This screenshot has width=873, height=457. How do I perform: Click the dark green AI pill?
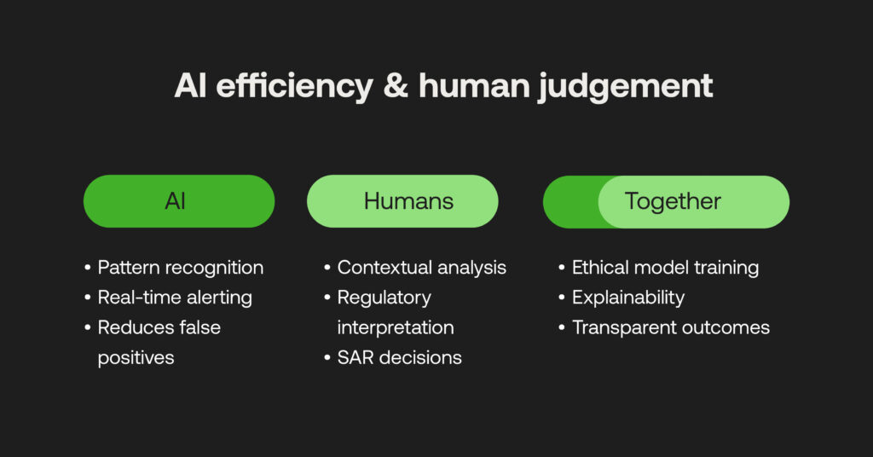(178, 201)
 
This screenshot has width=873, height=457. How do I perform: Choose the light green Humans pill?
(402, 201)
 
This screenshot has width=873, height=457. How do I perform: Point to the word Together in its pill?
(673, 201)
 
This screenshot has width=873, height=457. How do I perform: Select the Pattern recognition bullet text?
(180, 268)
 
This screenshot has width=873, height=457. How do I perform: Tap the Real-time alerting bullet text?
(175, 298)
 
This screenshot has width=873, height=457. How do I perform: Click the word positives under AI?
(136, 357)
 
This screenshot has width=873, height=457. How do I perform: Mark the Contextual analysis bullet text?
(421, 268)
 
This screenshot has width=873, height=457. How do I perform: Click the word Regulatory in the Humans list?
(384, 298)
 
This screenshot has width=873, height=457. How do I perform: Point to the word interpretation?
(396, 327)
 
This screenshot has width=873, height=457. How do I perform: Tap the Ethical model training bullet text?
(665, 268)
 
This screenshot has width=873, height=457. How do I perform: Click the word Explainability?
(628, 298)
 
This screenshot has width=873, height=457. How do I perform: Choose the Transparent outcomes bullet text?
(671, 327)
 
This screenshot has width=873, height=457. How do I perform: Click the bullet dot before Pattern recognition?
(88, 268)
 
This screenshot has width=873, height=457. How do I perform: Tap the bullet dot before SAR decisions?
(327, 357)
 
